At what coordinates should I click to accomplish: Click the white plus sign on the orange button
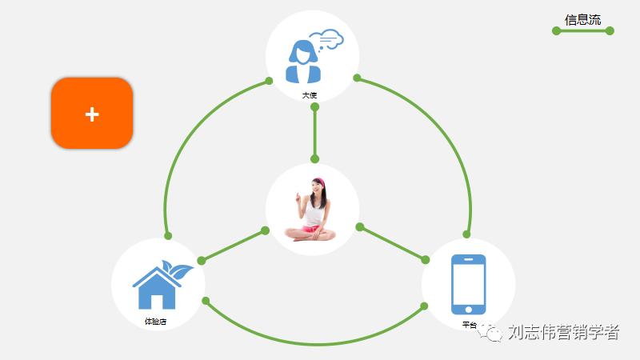coord(92,114)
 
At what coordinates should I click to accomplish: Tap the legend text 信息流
coord(582,19)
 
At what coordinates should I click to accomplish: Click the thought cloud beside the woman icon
coord(327,39)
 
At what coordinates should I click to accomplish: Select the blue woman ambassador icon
coord(304,62)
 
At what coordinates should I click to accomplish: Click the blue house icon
coord(157,289)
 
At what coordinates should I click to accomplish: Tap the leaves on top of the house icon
coord(177,269)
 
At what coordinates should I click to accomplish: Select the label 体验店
coord(155,321)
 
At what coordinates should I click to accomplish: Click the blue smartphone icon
coord(468,285)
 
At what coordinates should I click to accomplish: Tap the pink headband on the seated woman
coord(318,182)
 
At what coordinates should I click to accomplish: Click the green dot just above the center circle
coord(315,158)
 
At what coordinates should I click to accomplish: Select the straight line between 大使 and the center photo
coord(315,131)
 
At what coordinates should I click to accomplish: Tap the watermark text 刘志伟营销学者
coord(563,333)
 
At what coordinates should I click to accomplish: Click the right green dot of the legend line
coord(610,31)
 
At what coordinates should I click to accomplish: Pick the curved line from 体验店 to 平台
coord(315,344)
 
